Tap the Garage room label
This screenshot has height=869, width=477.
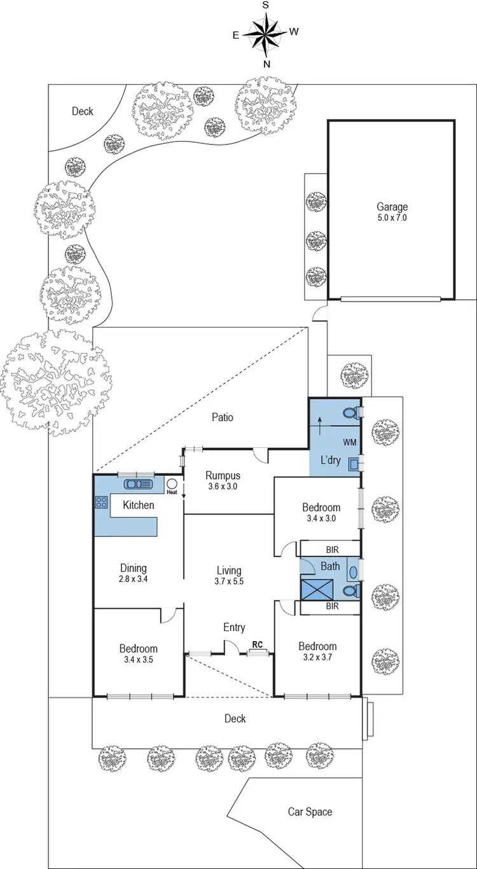[392, 207]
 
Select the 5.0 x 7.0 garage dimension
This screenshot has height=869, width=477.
[392, 218]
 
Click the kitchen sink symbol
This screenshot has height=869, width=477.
[137, 484]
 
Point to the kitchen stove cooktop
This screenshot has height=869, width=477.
[101, 502]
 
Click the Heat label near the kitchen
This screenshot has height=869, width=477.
[171, 492]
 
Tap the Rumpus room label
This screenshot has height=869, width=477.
[223, 475]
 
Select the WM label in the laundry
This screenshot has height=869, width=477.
[349, 441]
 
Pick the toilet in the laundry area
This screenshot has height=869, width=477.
[349, 414]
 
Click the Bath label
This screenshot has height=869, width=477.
[330, 566]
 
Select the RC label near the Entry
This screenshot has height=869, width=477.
[258, 644]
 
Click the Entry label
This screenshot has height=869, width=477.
[234, 628]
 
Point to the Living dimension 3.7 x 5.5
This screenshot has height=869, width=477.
[229, 581]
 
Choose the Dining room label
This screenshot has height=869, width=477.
[134, 568]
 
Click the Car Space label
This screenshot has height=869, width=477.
[310, 812]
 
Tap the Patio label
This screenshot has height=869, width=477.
[223, 417]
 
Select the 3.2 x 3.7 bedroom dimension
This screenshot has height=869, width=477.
[317, 658]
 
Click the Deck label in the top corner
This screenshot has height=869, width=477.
[82, 111]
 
